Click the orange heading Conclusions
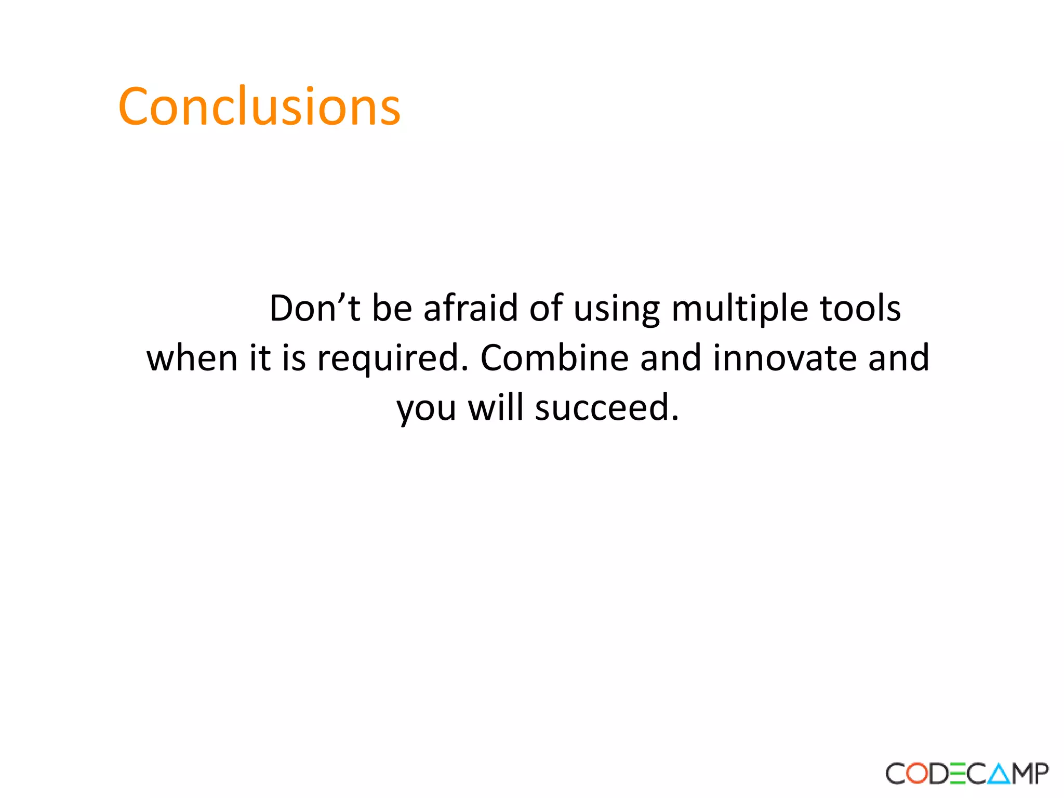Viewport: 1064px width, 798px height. click(259, 107)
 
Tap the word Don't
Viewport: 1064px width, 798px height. click(314, 309)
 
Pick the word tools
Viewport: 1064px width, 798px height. click(860, 309)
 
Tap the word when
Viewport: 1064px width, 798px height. click(192, 358)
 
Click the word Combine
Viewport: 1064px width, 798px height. click(554, 358)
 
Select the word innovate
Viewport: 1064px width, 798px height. click(784, 358)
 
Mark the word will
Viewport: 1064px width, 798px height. click(495, 408)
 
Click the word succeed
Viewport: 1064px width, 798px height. click(607, 408)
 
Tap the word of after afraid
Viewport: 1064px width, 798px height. click(546, 309)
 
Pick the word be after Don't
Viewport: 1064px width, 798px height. click(392, 309)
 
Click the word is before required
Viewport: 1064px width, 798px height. click(294, 358)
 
